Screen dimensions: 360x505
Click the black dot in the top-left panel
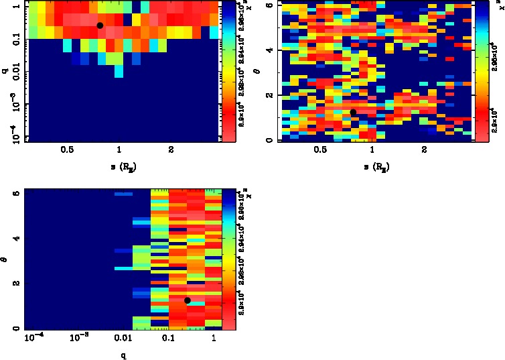click(100, 25)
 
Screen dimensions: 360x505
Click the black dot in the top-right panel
click(353, 112)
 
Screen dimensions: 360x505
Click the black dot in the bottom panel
click(188, 300)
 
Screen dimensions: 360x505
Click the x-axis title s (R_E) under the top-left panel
click(120, 165)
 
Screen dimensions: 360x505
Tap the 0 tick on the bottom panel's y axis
click(15, 328)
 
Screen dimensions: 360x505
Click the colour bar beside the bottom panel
click(228, 258)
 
